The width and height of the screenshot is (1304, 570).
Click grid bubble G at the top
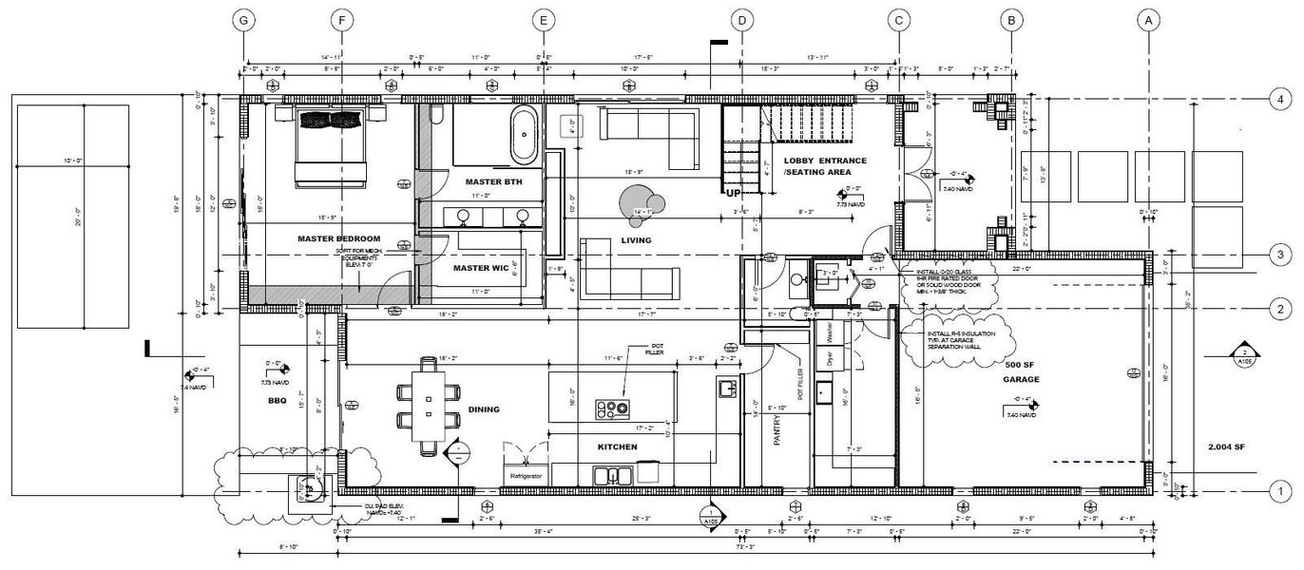click(245, 20)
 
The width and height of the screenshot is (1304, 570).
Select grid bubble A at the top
click(1148, 20)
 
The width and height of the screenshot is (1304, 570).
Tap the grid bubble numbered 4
click(1280, 99)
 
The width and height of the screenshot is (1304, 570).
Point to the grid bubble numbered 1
click(1280, 490)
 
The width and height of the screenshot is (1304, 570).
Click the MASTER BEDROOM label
click(338, 238)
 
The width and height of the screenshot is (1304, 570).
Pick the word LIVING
click(636, 240)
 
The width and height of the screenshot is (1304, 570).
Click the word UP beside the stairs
click(734, 193)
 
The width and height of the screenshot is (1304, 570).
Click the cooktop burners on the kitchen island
click(612, 409)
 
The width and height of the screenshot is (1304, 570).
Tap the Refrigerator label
click(526, 475)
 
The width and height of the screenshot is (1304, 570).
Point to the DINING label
click(484, 409)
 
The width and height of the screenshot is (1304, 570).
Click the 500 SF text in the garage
click(1022, 365)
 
